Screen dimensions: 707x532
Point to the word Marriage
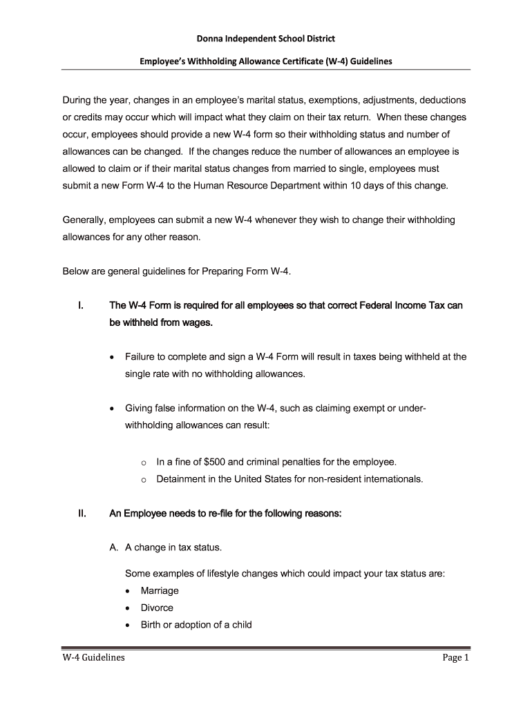(x=160, y=590)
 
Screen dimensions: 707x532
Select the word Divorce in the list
(x=157, y=608)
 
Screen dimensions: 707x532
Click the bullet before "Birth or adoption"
(x=129, y=625)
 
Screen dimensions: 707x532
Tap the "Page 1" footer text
(x=456, y=658)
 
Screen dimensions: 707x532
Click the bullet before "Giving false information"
(x=113, y=409)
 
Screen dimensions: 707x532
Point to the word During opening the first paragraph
(x=77, y=99)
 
